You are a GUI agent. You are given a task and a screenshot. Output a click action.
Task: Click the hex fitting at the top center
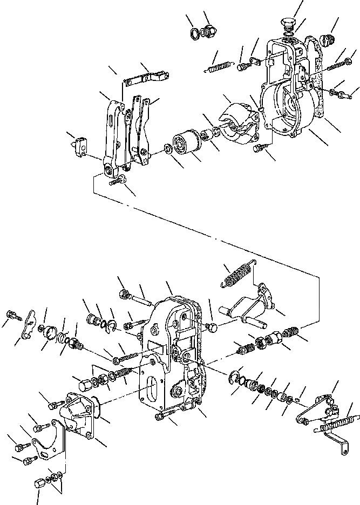pos(207,32)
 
